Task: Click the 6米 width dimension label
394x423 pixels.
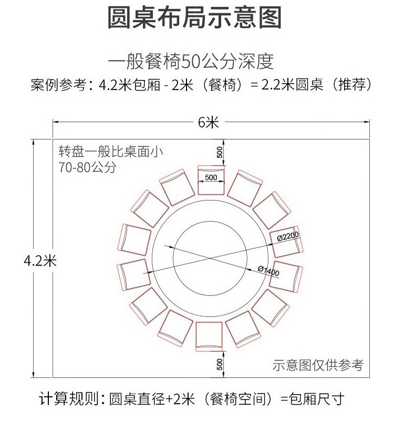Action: point(208,123)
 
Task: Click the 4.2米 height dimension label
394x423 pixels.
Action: point(40,261)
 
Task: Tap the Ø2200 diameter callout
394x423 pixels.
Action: point(288,236)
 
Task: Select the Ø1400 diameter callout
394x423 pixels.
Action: point(268,271)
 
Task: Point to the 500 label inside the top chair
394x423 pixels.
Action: point(211,177)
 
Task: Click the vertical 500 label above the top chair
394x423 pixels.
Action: point(220,153)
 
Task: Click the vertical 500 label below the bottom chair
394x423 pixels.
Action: point(220,364)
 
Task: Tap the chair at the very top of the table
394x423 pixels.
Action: point(211,180)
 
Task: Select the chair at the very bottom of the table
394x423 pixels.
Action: point(209,336)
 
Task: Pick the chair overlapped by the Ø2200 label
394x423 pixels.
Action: point(286,242)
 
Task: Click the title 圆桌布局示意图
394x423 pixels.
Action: point(194,17)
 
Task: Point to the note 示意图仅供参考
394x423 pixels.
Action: point(318,365)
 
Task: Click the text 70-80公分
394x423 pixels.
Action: point(88,167)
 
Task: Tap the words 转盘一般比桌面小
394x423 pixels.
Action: point(111,152)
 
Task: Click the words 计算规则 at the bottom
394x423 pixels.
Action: point(69,399)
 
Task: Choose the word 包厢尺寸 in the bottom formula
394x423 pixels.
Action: point(316,399)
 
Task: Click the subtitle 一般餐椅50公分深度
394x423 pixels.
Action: point(191,62)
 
